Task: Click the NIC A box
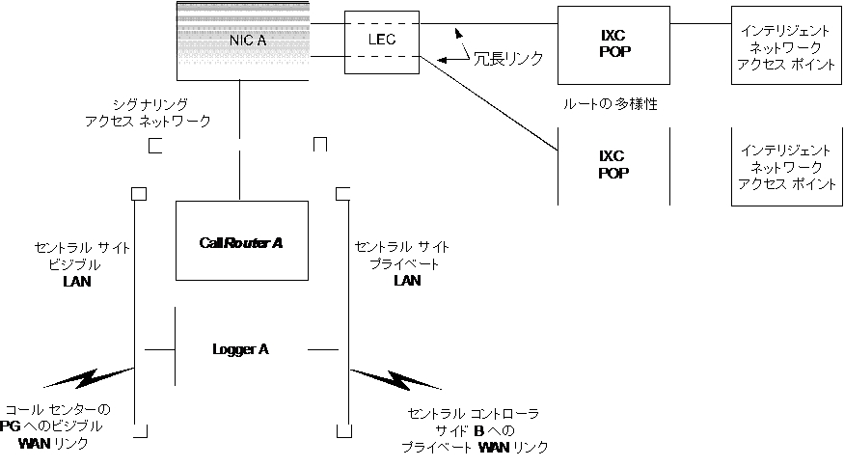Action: [x=243, y=41]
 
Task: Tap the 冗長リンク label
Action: [x=507, y=59]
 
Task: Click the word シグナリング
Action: [x=149, y=103]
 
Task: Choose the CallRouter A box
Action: [x=241, y=241]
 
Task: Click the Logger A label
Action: [x=240, y=349]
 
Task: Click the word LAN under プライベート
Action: [x=407, y=281]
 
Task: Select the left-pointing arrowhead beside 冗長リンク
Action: [x=446, y=61]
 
